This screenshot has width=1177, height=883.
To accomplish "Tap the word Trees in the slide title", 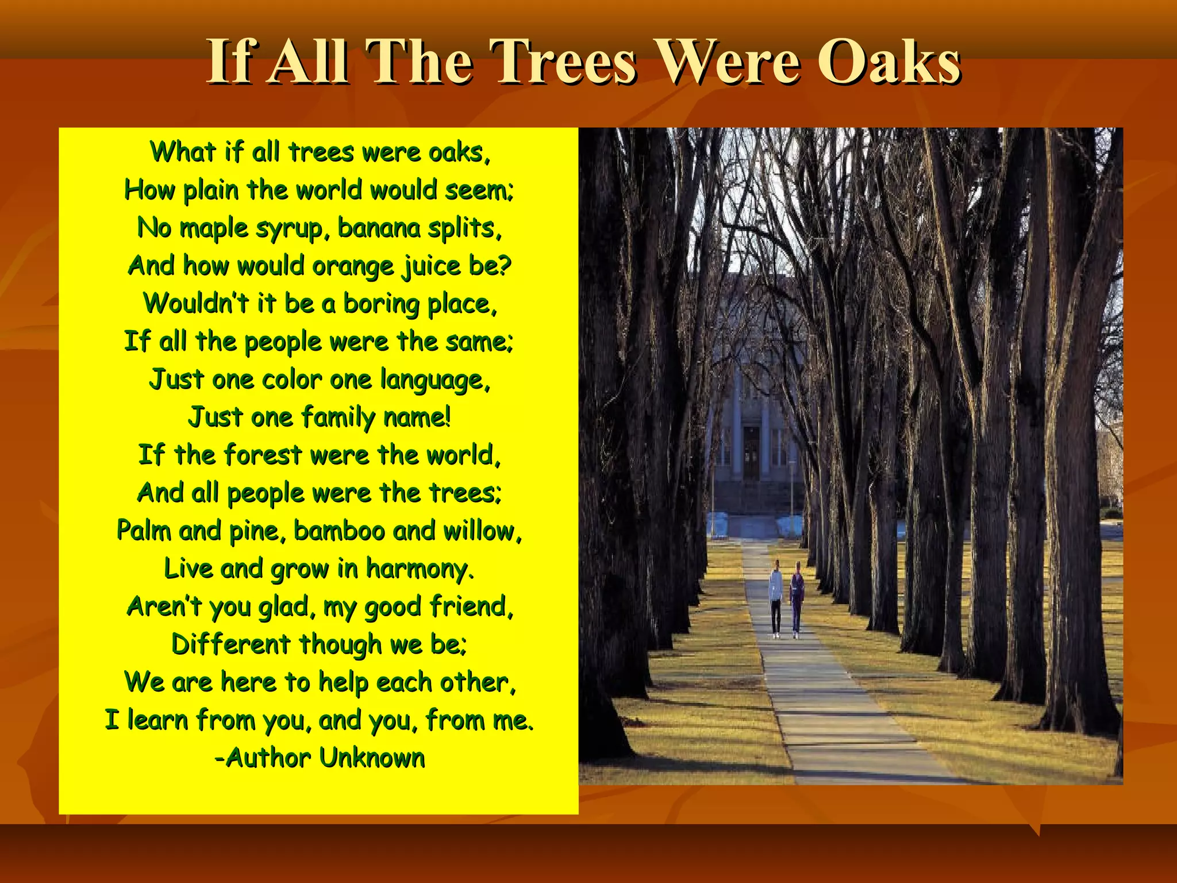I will pos(566,62).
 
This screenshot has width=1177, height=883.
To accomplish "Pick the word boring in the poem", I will pos(381,304).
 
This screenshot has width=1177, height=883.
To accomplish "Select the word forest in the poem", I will pos(263,455).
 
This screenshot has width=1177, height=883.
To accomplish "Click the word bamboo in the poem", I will pos(339,531).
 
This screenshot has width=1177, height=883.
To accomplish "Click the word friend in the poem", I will pos(471,606).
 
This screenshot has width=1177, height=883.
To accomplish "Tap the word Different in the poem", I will pos(230,644).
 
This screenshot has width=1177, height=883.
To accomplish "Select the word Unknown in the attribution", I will pos(372,758).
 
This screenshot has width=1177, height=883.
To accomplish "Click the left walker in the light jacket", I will pos(776,598).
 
